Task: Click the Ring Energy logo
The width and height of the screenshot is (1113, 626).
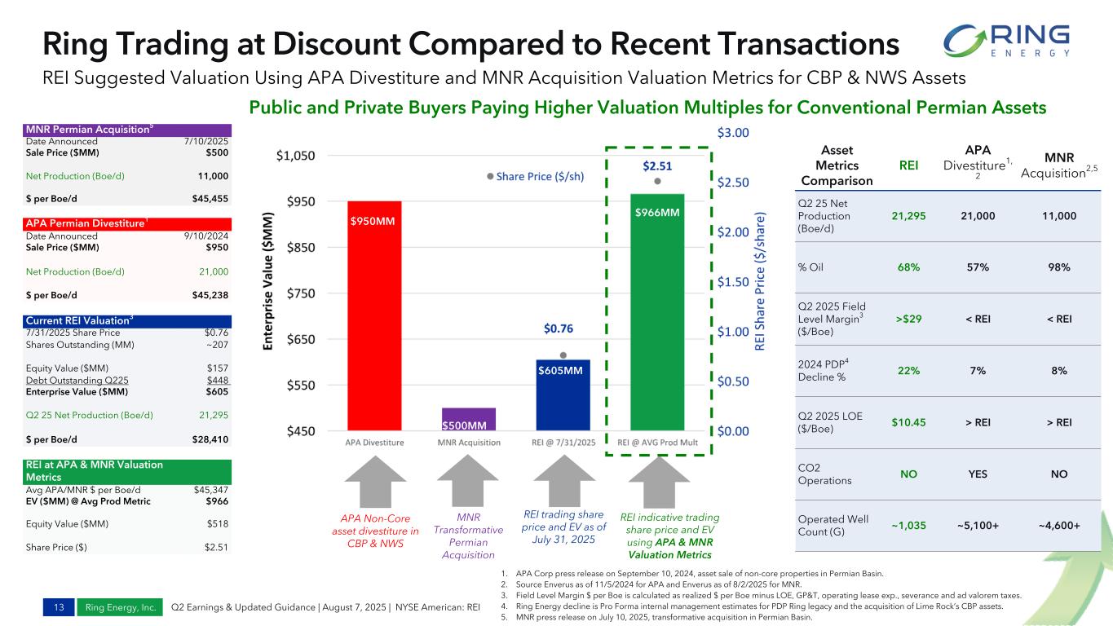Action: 1006,40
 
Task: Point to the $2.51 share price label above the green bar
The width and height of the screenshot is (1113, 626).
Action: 656,166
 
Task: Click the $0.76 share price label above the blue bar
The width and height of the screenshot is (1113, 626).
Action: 559,329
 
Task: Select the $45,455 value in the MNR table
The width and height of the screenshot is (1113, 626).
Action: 210,198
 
